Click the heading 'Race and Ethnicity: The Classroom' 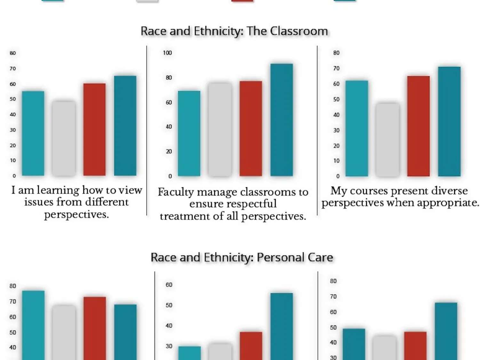point(234,31)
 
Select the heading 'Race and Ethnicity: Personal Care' point(242,257)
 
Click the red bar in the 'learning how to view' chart point(94,130)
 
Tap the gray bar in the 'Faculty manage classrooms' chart point(220,130)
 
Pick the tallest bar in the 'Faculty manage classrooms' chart point(282,120)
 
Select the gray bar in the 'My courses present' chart point(388,140)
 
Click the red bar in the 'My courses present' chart point(418,126)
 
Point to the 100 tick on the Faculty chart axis point(167,53)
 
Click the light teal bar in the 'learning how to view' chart point(33,133)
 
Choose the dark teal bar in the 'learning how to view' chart point(125,126)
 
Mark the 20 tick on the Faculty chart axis point(169,151)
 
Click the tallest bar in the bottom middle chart point(282,326)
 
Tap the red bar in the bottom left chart point(95,328)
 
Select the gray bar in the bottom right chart point(384,348)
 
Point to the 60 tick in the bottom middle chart point(169,285)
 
